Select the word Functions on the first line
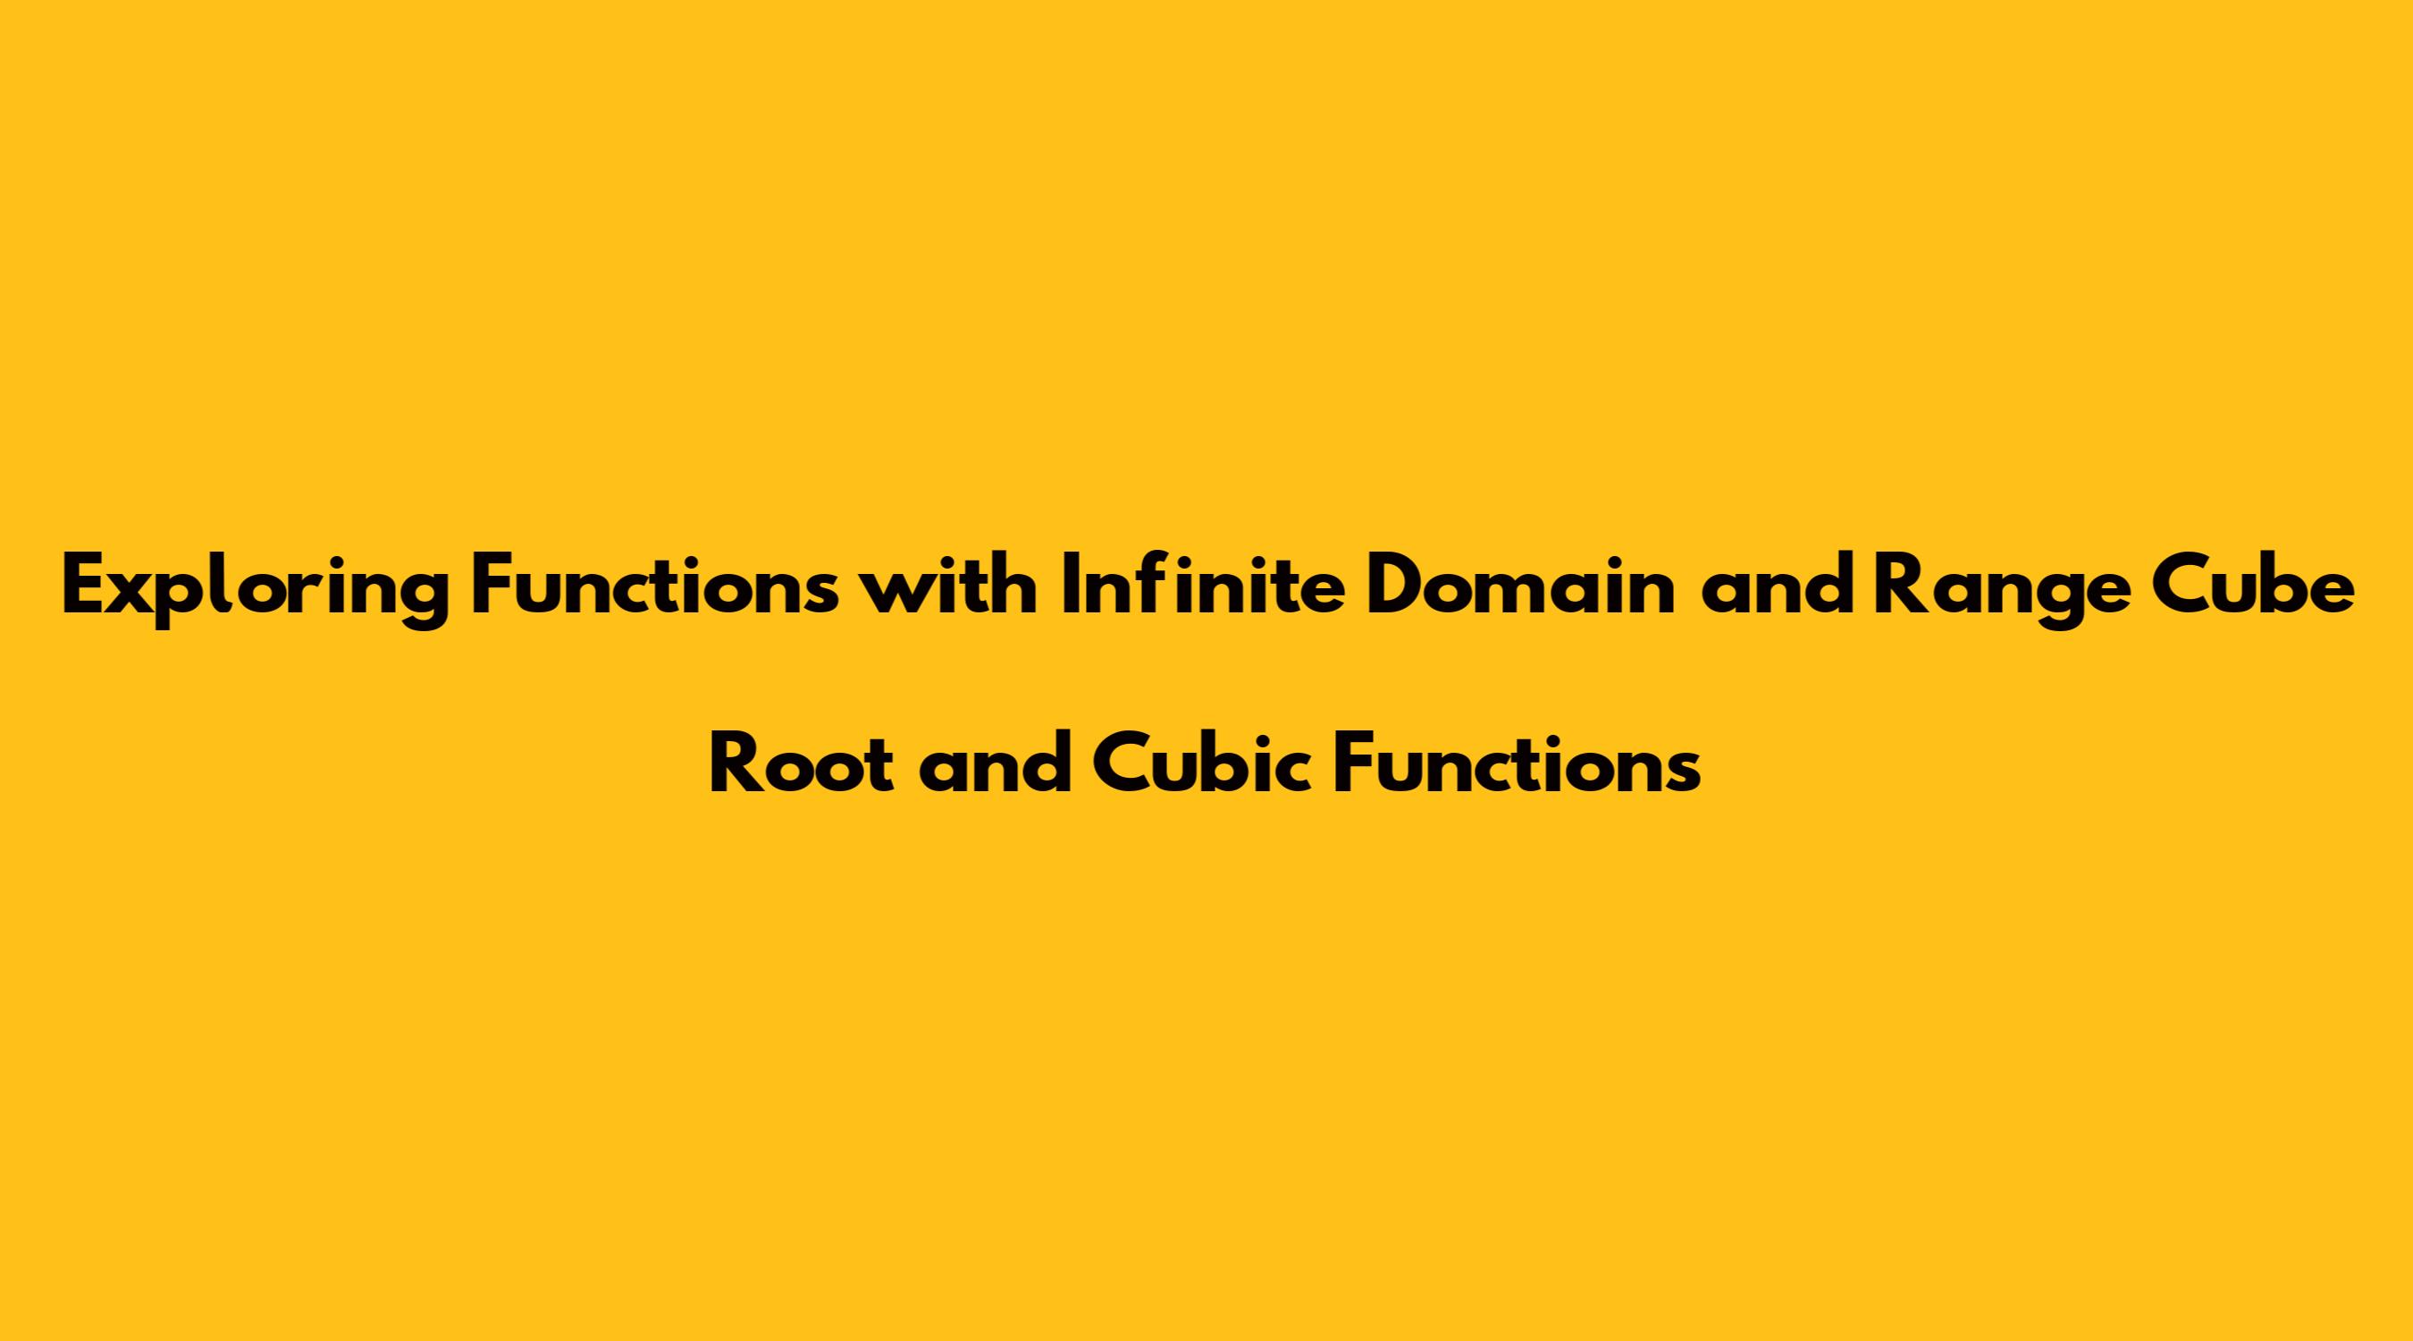point(655,586)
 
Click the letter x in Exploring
point(133,595)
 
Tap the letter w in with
point(894,595)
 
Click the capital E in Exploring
point(83,586)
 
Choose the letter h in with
point(1013,586)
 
